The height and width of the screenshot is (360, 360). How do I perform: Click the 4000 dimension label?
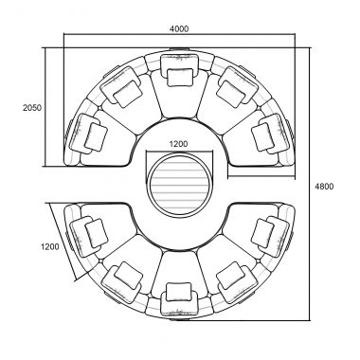[179, 28]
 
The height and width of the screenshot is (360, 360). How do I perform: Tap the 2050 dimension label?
[32, 108]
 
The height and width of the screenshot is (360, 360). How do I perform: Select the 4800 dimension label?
[324, 187]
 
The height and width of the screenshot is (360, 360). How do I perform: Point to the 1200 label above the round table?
[179, 144]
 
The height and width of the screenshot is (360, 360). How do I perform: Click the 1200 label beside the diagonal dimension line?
[50, 246]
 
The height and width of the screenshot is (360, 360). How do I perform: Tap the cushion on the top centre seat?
[180, 77]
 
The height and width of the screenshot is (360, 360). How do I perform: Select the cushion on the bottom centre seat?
[179, 292]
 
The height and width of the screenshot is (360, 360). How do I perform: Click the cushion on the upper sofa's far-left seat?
[96, 136]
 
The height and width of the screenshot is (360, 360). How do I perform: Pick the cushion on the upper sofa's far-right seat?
[263, 136]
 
